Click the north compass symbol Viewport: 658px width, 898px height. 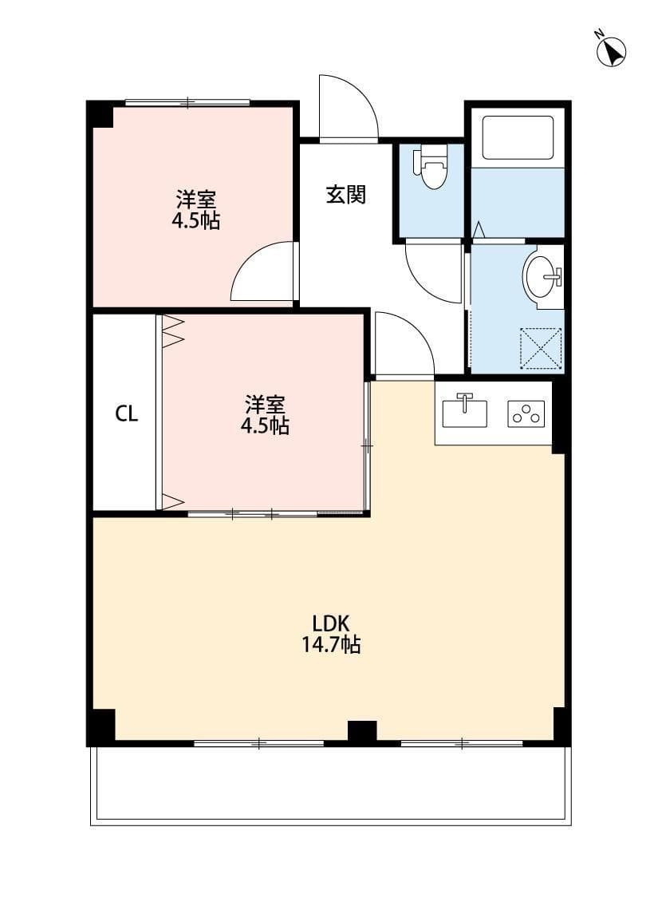pyautogui.click(x=613, y=52)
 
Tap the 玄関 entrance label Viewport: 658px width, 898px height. pyautogui.click(x=346, y=194)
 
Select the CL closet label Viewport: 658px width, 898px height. pyautogui.click(x=127, y=413)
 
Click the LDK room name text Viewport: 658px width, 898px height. pyautogui.click(x=331, y=623)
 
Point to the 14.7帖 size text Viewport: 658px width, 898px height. pyautogui.click(x=331, y=645)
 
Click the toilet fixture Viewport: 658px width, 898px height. pyautogui.click(x=433, y=167)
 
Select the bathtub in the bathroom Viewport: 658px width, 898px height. pyautogui.click(x=517, y=141)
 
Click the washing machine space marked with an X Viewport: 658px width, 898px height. pyautogui.click(x=541, y=348)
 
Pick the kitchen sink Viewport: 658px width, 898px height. pyautogui.click(x=464, y=410)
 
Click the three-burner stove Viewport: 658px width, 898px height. pyautogui.click(x=526, y=413)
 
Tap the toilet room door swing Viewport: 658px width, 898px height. pyautogui.click(x=433, y=271)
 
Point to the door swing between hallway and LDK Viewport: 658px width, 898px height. pyautogui.click(x=403, y=344)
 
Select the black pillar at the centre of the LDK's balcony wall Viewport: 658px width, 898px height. pyautogui.click(x=362, y=730)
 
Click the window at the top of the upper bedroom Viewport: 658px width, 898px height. pyautogui.click(x=187, y=102)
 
